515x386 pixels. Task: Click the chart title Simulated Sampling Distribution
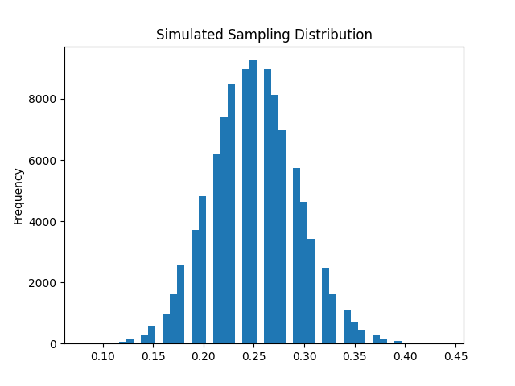pos(264,35)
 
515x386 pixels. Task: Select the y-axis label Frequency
pos(18,195)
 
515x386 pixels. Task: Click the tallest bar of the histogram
pos(253,201)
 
